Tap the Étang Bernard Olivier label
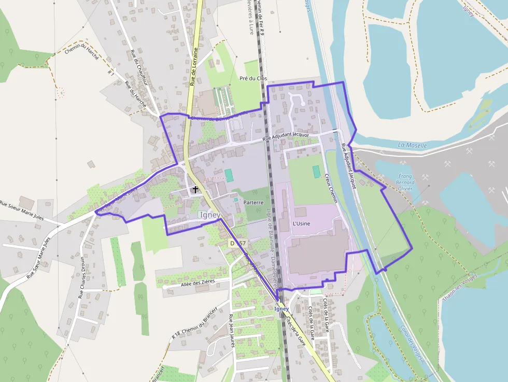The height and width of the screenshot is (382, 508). (x=406, y=182)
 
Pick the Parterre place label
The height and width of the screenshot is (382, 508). (x=253, y=203)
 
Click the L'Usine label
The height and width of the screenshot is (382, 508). (x=301, y=224)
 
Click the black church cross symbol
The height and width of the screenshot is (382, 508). (x=195, y=190)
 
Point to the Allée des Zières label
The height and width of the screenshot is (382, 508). (x=197, y=283)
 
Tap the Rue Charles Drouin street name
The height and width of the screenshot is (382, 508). (x=81, y=277)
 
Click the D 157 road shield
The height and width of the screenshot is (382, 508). (x=238, y=243)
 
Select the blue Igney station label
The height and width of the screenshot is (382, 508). (x=281, y=309)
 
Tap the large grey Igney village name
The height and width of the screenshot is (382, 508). (x=209, y=215)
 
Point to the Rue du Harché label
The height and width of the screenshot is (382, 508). (x=136, y=94)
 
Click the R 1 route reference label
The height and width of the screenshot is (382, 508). (x=110, y=73)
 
